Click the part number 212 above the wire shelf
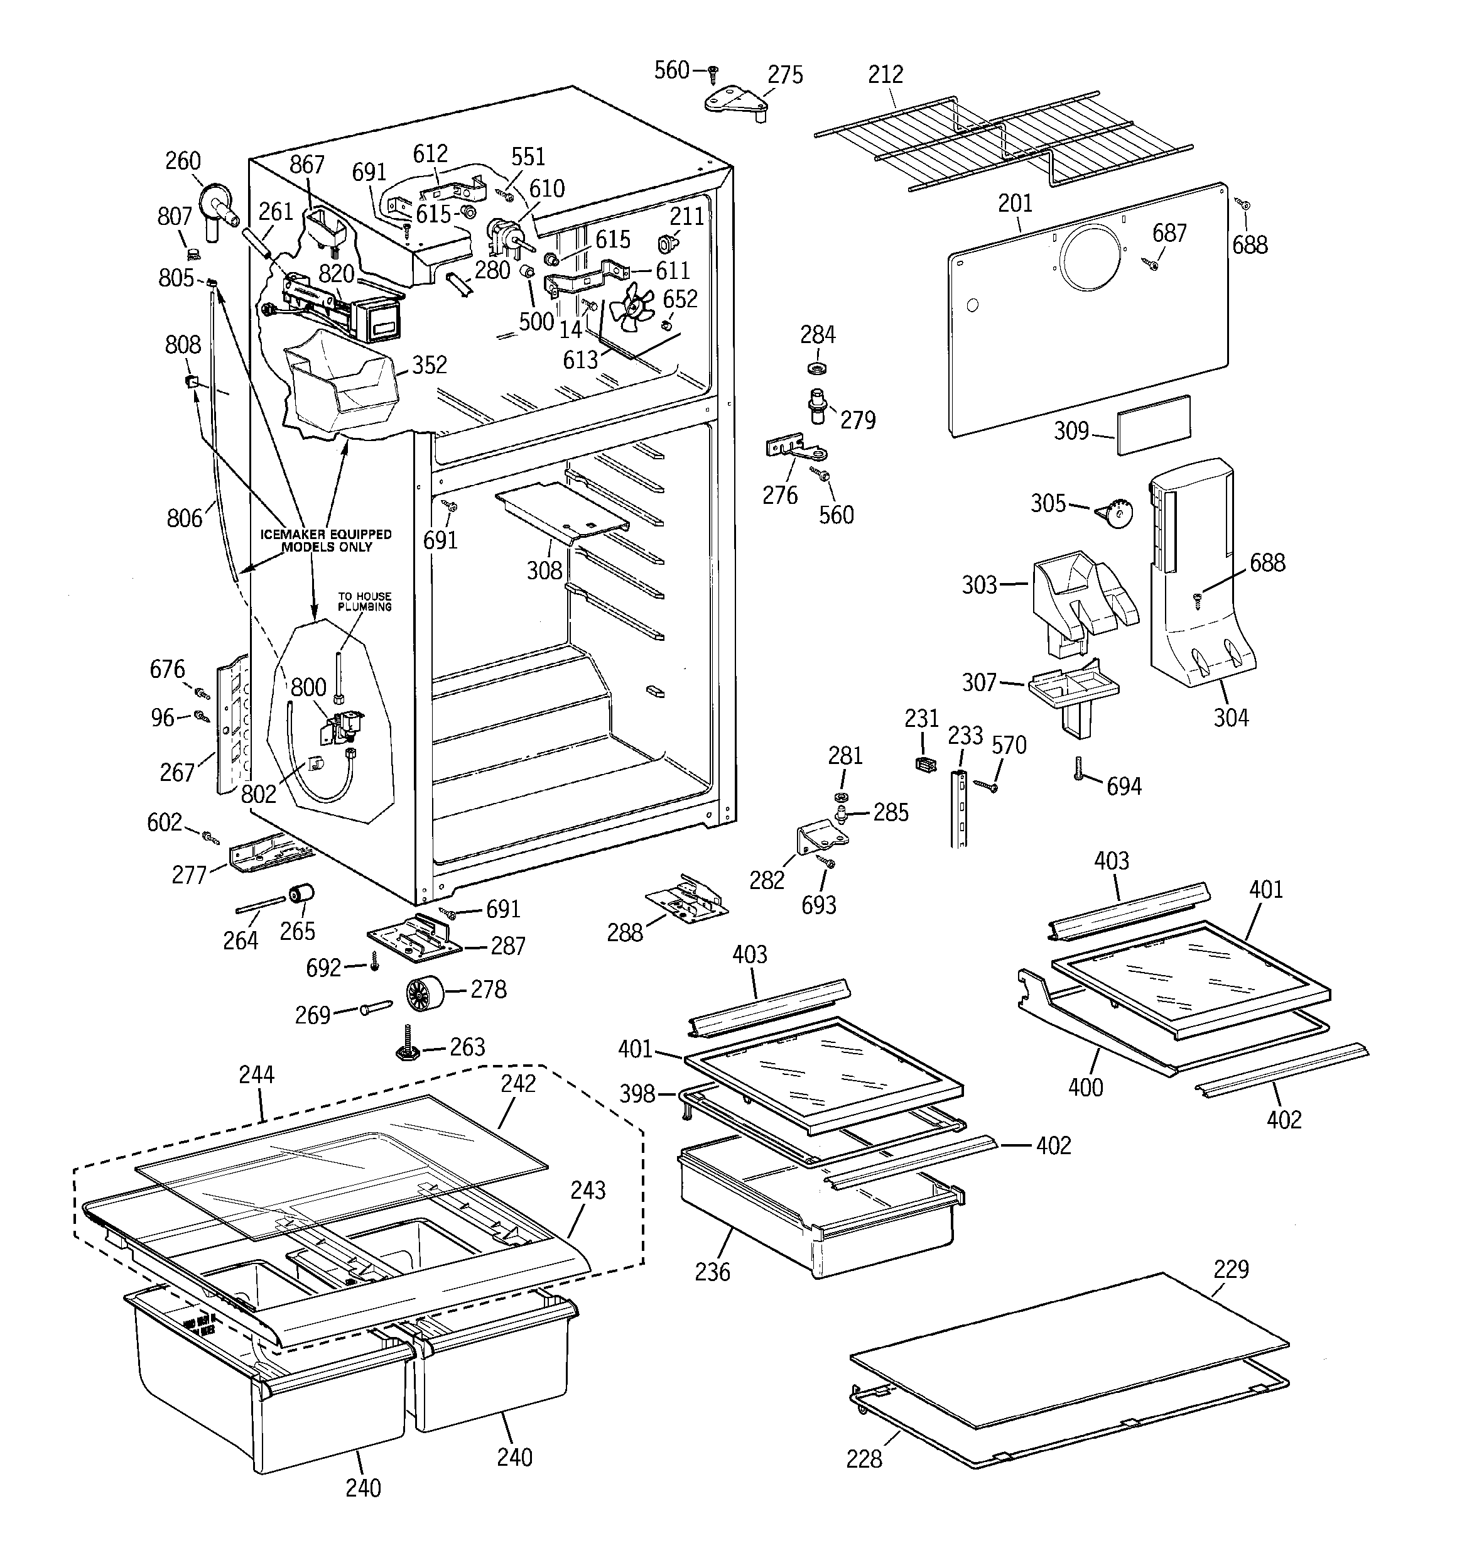886,74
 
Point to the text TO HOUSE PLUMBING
364,601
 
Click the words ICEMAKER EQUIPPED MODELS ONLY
326,540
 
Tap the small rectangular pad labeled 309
1154,425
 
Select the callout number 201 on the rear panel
1015,204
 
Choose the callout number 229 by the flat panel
1231,1269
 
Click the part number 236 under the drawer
712,1272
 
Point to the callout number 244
256,1075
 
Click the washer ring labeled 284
817,368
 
